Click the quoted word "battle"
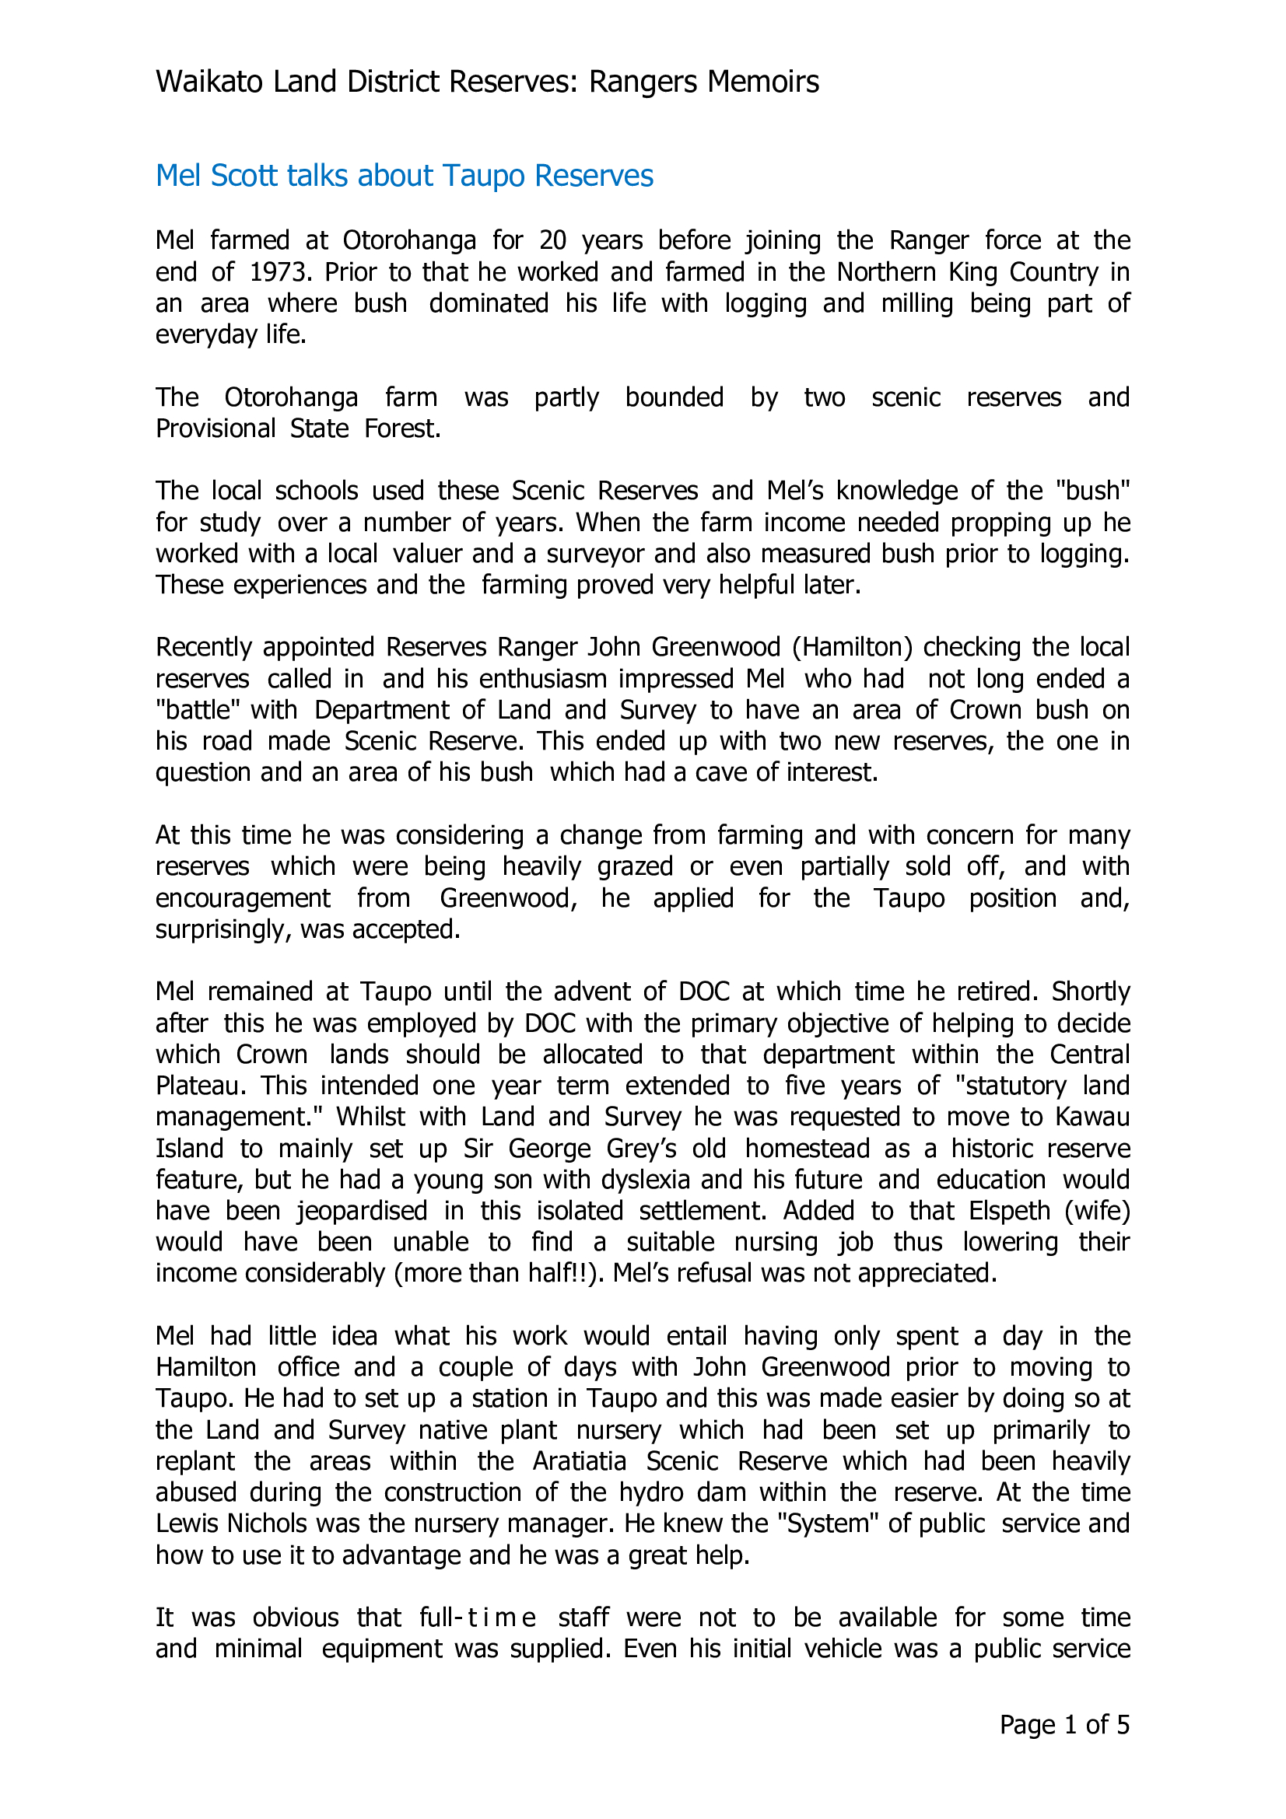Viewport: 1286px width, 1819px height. coord(198,710)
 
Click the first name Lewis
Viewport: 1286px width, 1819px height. coord(187,1523)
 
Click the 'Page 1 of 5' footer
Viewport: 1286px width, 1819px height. coord(1063,1725)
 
